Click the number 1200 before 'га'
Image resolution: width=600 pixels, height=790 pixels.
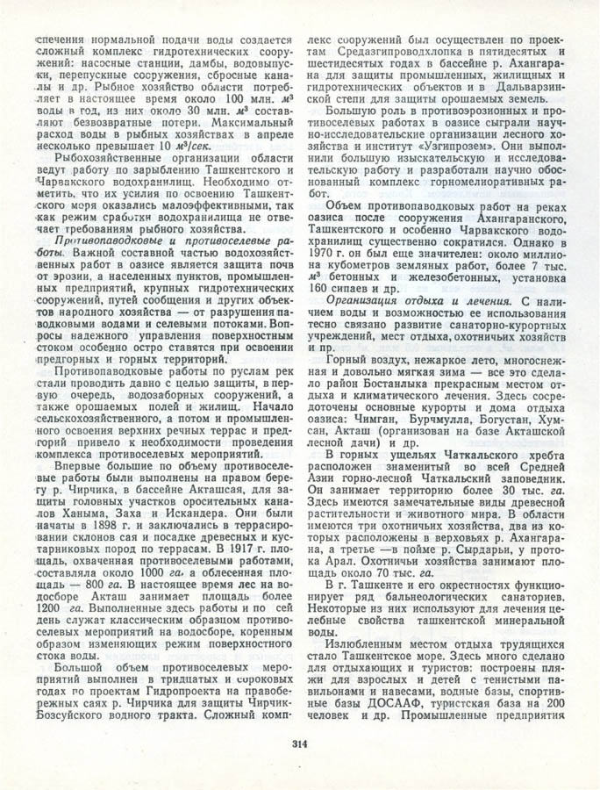pos(44,627)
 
